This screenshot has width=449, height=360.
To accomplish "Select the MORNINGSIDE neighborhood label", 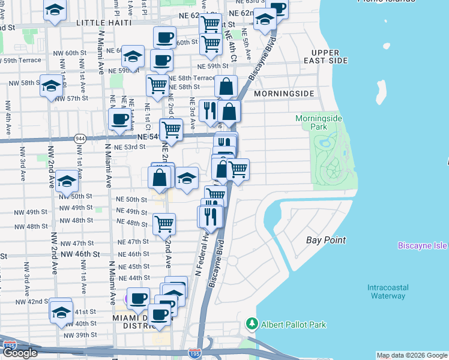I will coord(284,94).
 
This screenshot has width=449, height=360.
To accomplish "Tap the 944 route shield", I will coord(79,139).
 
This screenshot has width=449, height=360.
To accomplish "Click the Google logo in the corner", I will coord(20,353).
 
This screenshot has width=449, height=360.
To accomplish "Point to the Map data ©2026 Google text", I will coord(411,355).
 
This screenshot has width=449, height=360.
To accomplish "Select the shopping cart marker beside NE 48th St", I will coord(164,224).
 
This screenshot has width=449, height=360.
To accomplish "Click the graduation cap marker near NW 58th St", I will coord(52,85).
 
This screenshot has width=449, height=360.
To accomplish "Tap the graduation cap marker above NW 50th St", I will coord(67,180).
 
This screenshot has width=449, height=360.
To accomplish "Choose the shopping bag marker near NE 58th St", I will coord(226,87).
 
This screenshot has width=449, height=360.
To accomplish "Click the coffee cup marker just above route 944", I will coord(119,119).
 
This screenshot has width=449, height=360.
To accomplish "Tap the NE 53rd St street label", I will coord(130,147).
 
